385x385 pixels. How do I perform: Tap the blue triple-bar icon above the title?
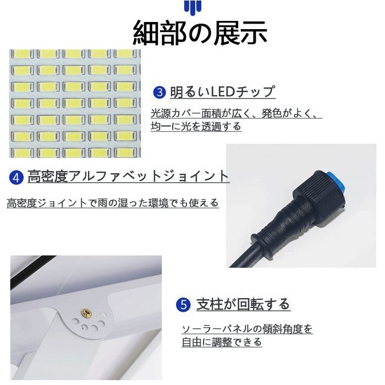click(x=193, y=7)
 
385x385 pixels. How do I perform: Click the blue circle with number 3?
click(x=159, y=92)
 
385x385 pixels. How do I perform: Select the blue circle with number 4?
click(x=16, y=177)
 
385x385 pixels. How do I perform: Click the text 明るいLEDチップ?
click(x=222, y=92)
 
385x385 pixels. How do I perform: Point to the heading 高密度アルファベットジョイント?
click(x=128, y=177)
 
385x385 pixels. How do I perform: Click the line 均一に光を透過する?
click(x=196, y=127)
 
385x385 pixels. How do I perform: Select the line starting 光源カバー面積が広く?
click(x=237, y=114)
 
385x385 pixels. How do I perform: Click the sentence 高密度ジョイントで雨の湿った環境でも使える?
click(x=113, y=203)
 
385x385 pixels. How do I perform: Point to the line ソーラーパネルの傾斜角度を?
click(x=247, y=329)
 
